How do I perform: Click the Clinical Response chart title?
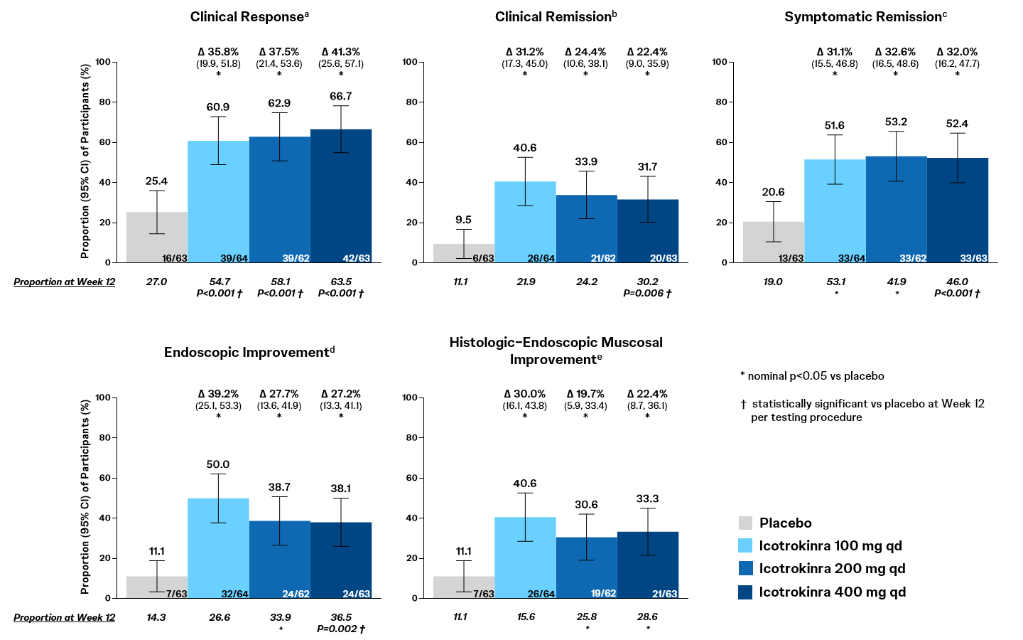click(249, 16)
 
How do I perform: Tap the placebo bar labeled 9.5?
click(464, 253)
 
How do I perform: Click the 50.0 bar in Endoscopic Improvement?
click(218, 548)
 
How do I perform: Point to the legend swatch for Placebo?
click(745, 523)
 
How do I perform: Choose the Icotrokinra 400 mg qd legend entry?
click(832, 592)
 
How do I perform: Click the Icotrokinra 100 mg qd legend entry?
click(830, 546)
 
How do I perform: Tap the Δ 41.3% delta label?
click(341, 52)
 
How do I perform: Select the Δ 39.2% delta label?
click(218, 394)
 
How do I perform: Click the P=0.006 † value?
click(647, 293)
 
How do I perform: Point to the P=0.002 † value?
click(341, 629)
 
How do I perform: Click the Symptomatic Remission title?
click(865, 16)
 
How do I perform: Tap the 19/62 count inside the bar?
click(603, 594)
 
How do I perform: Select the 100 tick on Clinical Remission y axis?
click(410, 62)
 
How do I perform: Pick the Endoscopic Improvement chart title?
click(249, 352)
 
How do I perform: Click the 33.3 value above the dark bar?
click(647, 498)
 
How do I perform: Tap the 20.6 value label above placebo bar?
click(773, 192)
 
